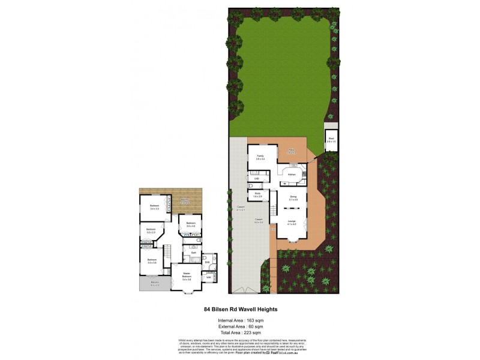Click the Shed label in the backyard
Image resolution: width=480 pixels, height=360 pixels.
point(331,138)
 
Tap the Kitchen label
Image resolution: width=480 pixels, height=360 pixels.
point(292,175)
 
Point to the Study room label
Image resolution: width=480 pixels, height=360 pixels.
point(257,194)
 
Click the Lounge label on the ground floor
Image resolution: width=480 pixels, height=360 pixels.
point(292,222)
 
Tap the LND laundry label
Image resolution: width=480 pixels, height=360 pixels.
point(256,179)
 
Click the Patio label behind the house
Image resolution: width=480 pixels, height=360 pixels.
point(291,150)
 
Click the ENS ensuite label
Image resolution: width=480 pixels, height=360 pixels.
point(206,262)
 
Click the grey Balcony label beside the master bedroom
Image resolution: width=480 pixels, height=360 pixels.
point(154,283)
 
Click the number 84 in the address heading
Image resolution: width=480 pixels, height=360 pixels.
point(208,310)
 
